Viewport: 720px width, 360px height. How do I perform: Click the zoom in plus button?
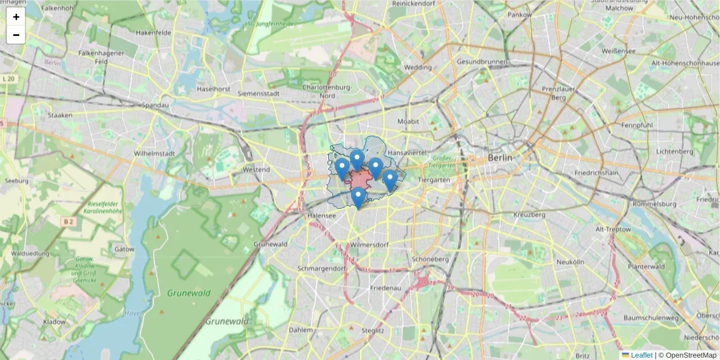pyautogui.click(x=16, y=17)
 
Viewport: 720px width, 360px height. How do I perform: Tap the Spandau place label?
pyautogui.click(x=155, y=105)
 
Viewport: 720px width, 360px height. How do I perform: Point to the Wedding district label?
pyautogui.click(x=418, y=68)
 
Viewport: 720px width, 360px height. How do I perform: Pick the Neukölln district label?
pyautogui.click(x=570, y=262)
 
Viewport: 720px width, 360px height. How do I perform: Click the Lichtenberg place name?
pyautogui.click(x=674, y=152)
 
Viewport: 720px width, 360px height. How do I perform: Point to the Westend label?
pyautogui.click(x=256, y=170)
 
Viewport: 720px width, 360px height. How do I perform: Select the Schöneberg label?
pyautogui.click(x=431, y=259)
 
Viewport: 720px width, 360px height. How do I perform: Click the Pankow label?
pyautogui.click(x=520, y=14)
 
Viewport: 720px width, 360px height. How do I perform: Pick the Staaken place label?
pyautogui.click(x=60, y=115)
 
